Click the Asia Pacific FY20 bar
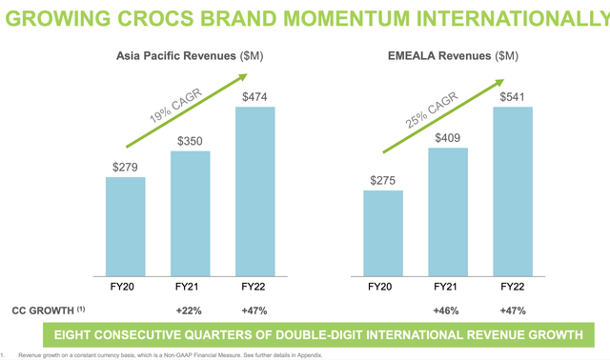point(125,225)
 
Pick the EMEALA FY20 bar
point(383,231)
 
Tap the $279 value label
point(125,166)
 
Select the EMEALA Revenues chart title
point(440,56)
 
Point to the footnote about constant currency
point(172,354)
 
